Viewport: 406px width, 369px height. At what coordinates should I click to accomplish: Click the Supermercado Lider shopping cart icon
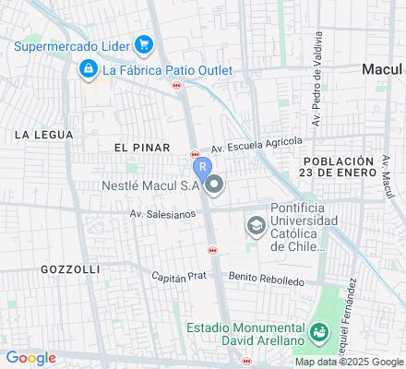(x=143, y=43)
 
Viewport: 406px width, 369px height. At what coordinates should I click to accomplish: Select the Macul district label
(x=383, y=69)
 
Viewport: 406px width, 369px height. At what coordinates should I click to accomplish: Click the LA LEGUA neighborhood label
(x=43, y=135)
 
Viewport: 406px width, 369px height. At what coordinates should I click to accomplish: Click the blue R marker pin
(x=201, y=168)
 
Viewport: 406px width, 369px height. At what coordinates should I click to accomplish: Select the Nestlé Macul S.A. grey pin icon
(x=215, y=184)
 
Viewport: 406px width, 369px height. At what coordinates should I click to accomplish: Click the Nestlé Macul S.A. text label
(x=150, y=184)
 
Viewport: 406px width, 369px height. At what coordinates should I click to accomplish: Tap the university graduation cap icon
(x=255, y=226)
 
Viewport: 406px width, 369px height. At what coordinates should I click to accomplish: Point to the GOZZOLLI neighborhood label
(x=70, y=268)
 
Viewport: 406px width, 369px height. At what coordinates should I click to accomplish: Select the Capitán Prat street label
(x=182, y=274)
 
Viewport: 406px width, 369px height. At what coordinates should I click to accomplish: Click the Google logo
(x=30, y=358)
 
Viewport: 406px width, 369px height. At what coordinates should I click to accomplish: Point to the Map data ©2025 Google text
(x=349, y=362)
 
